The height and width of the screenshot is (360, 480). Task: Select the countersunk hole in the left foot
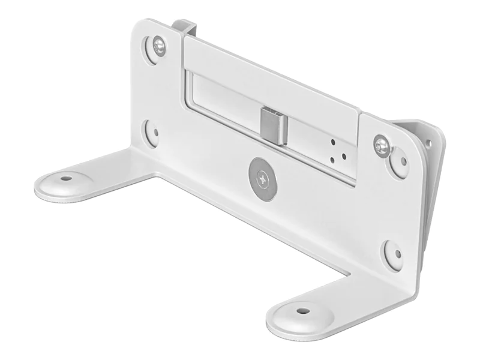[65, 178]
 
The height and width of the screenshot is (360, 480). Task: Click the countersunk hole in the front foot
[302, 311]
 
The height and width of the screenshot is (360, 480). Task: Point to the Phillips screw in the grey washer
[262, 178]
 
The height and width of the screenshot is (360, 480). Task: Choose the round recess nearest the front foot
[393, 251]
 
